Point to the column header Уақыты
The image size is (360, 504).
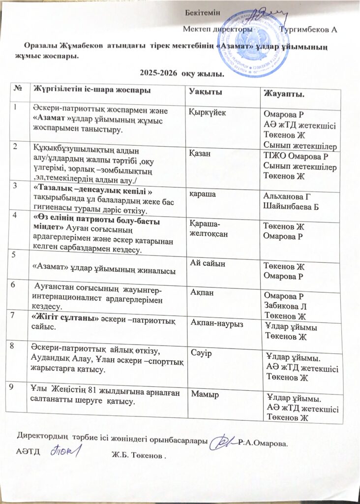tap(206, 92)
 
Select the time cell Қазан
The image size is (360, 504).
tap(201, 154)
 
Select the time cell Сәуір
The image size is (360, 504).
tap(201, 352)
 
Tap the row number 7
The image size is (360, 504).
tap(18, 314)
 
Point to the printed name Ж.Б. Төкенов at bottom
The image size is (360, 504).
tap(136, 456)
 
